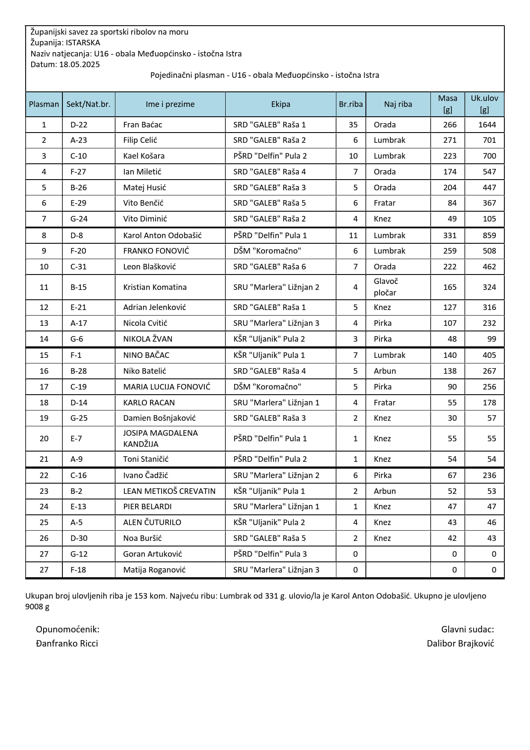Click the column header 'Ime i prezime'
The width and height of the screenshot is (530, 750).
[170, 104]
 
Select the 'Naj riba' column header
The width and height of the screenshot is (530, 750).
[397, 104]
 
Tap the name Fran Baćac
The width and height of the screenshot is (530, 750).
[142, 124]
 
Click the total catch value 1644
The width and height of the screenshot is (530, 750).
[487, 124]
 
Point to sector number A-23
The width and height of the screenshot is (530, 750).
[79, 140]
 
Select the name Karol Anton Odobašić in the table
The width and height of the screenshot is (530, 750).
[162, 235]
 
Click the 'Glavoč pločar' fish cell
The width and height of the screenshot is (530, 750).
[385, 287]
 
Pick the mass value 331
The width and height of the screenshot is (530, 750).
[450, 235]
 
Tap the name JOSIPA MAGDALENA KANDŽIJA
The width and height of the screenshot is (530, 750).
[160, 438]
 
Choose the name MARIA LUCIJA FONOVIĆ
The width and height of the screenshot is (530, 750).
[167, 387]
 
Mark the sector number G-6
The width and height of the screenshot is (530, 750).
[77, 339]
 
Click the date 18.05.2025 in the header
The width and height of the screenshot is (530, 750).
[79, 65]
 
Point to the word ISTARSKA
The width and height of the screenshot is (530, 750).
[83, 43]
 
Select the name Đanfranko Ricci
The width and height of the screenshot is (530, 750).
[67, 643]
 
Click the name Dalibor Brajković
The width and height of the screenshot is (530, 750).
[460, 643]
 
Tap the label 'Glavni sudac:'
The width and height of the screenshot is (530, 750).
[467, 629]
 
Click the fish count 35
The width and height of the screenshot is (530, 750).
[353, 124]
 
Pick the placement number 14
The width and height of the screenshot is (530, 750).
[44, 339]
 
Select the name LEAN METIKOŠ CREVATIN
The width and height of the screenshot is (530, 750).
[169, 491]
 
